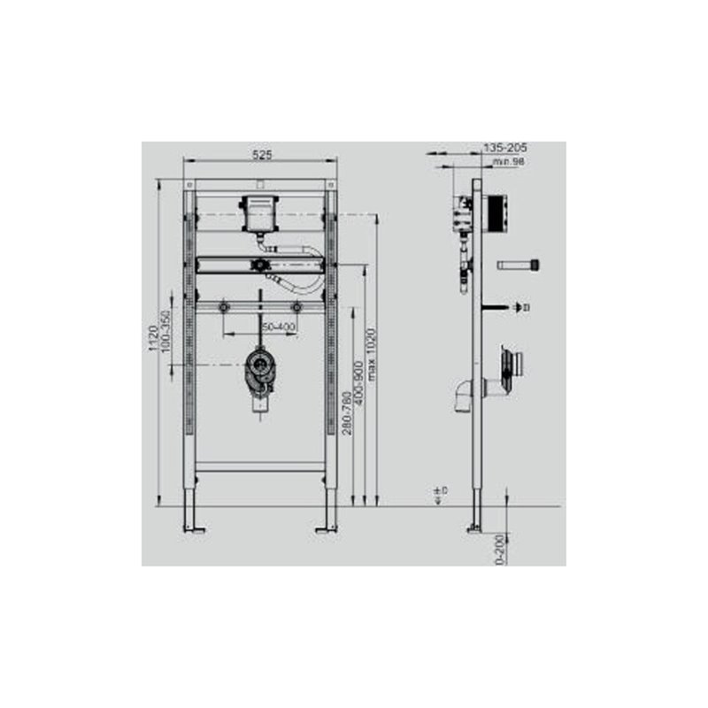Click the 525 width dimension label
click(260, 154)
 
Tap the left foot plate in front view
click(193, 530)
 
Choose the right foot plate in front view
click(327, 530)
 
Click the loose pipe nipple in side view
click(519, 264)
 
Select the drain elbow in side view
click(466, 393)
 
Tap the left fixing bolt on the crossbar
click(226, 307)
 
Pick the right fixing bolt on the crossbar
click(296, 307)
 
